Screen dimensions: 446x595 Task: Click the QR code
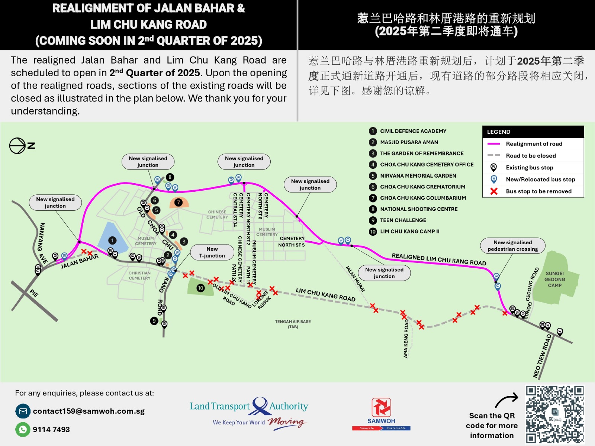pos(554,414)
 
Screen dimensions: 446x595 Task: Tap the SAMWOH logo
pos(381,414)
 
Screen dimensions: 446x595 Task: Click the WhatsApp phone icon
pos(23,429)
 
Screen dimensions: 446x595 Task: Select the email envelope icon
pos(23,411)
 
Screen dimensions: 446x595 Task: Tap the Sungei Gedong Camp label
pos(554,279)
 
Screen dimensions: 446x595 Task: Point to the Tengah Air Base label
pos(293,324)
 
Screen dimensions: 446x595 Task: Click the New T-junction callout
pos(212,252)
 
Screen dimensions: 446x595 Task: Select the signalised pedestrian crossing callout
pos(512,246)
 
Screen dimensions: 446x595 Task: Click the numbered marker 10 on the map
pos(200,288)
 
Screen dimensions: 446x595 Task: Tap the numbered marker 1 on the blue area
pos(112,240)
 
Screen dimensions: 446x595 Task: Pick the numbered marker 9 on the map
pos(154,321)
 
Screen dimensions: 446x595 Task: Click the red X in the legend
pos(494,191)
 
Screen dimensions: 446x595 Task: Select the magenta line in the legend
pos(494,144)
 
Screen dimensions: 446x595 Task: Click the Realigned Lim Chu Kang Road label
pos(439,259)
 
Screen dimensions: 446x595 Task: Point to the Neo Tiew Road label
pos(542,356)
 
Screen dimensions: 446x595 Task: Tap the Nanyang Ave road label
pos(43,243)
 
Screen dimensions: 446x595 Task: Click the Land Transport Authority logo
pos(249,412)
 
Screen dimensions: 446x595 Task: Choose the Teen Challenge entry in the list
pos(403,220)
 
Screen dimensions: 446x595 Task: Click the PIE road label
pos(34,293)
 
